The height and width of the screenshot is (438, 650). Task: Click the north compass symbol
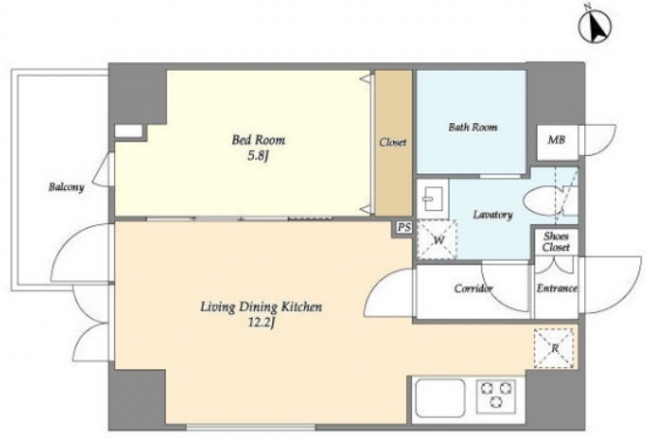[595, 27]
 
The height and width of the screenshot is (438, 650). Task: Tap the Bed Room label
[259, 140]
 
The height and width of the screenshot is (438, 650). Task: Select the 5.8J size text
[259, 156]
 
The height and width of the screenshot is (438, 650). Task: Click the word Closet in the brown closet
[393, 142]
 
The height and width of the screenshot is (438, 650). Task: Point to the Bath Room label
[473, 127]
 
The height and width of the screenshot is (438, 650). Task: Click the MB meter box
[557, 141]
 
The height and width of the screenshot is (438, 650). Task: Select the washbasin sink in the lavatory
[432, 199]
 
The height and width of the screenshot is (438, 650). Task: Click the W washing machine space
[437, 239]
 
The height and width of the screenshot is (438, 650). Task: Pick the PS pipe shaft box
[404, 228]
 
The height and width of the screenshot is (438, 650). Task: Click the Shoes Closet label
[556, 242]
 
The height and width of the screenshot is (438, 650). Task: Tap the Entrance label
[557, 288]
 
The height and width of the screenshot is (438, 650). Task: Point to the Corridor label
[474, 288]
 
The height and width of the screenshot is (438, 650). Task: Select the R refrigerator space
[555, 349]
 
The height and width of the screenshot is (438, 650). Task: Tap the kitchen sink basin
[440, 398]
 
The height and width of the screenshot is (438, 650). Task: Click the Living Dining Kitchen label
[262, 307]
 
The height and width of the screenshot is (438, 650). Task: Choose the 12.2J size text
[262, 323]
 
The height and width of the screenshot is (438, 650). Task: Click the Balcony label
[66, 187]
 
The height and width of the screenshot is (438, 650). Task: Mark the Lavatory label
[493, 215]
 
